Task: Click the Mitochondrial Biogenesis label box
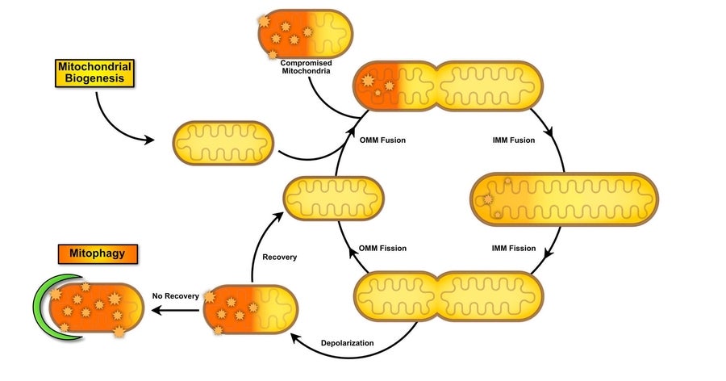(x=95, y=73)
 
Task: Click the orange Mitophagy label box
(x=97, y=254)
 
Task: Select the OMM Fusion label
(x=382, y=140)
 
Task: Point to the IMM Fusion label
(x=513, y=140)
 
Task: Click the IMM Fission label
(x=513, y=249)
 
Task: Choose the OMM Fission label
(x=382, y=249)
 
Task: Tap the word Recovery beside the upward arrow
(x=280, y=257)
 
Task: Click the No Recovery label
(x=175, y=296)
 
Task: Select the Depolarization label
(x=348, y=343)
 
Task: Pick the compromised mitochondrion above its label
(x=304, y=33)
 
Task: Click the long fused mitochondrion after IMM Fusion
(x=564, y=199)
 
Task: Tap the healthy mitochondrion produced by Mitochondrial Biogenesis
(x=223, y=143)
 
